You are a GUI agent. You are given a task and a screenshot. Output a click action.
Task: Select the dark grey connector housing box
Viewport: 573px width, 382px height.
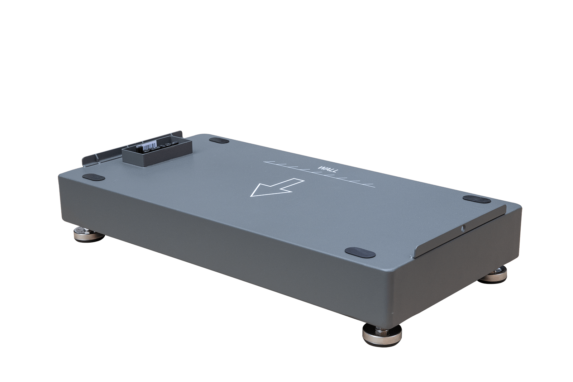tap(157, 152)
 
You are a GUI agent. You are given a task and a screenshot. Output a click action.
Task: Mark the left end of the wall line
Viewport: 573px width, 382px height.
tap(264, 162)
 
